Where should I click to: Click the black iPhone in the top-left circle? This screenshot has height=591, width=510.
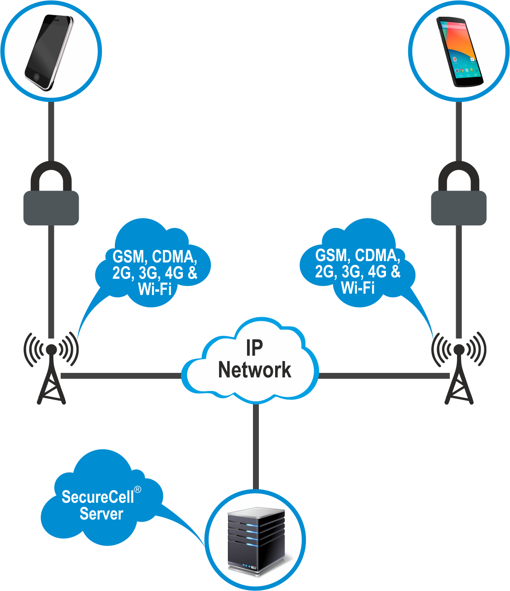pyautogui.click(x=49, y=52)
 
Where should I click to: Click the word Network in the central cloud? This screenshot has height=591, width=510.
pyautogui.click(x=254, y=370)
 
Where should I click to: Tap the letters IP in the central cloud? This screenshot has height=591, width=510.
pyautogui.click(x=254, y=348)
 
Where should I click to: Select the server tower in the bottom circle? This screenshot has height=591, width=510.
pyautogui.click(x=256, y=541)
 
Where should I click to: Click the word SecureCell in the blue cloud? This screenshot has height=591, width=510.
pyautogui.click(x=98, y=497)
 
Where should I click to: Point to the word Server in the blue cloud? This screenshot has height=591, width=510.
pyautogui.click(x=101, y=514)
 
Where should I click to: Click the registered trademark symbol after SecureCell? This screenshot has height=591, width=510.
pyautogui.click(x=138, y=490)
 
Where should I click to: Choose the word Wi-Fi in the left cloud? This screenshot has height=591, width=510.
pyautogui.click(x=155, y=289)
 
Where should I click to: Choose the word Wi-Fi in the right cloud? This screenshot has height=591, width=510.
pyautogui.click(x=357, y=287)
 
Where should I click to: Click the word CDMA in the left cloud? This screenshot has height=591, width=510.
pyautogui.click(x=174, y=257)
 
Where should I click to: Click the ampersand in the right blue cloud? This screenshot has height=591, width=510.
pyautogui.click(x=395, y=272)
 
